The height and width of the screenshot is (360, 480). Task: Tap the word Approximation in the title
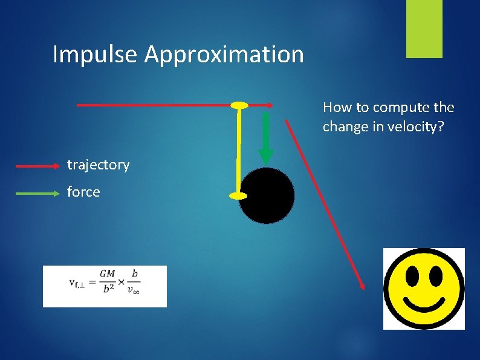pyautogui.click(x=224, y=54)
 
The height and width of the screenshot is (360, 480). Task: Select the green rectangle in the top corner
pyautogui.click(x=424, y=29)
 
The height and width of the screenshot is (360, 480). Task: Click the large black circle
pyautogui.click(x=267, y=196)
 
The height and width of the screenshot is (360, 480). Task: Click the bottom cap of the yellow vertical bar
pyautogui.click(x=238, y=195)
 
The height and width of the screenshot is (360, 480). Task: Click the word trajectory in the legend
pyautogui.click(x=98, y=165)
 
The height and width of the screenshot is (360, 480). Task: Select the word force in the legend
pyautogui.click(x=83, y=192)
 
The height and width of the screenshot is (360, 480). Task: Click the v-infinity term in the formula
pyautogui.click(x=134, y=290)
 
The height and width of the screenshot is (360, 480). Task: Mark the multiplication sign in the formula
pyautogui.click(x=120, y=283)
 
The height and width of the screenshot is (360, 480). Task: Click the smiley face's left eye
pyautogui.click(x=412, y=277)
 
